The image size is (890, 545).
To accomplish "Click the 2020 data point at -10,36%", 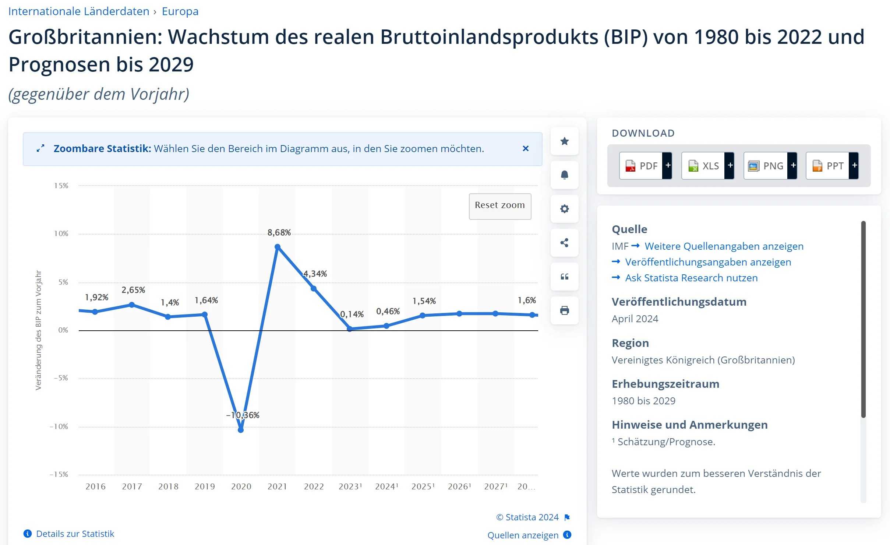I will coord(241,430).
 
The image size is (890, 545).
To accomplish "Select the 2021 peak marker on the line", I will coord(278,247).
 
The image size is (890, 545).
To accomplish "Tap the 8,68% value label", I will coord(279,233).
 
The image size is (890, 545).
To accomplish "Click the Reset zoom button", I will coord(499,205).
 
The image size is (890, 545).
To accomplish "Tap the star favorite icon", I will coord(564,141).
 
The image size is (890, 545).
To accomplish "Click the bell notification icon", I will coord(564,175).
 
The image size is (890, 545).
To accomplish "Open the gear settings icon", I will coord(564,209).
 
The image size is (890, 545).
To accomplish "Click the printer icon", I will coord(564,310).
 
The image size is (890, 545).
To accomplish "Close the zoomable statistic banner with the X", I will coord(526,148).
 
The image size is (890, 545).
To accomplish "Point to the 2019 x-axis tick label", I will coord(205,486).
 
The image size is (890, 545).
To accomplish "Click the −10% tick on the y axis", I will coord(59,426).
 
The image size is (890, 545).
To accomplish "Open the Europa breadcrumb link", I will coord(180,11).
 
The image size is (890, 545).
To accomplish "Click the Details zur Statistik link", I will coord(75,534).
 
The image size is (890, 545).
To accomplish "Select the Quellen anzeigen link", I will coord(523,535).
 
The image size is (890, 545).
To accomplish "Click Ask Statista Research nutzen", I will coord(691,278).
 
